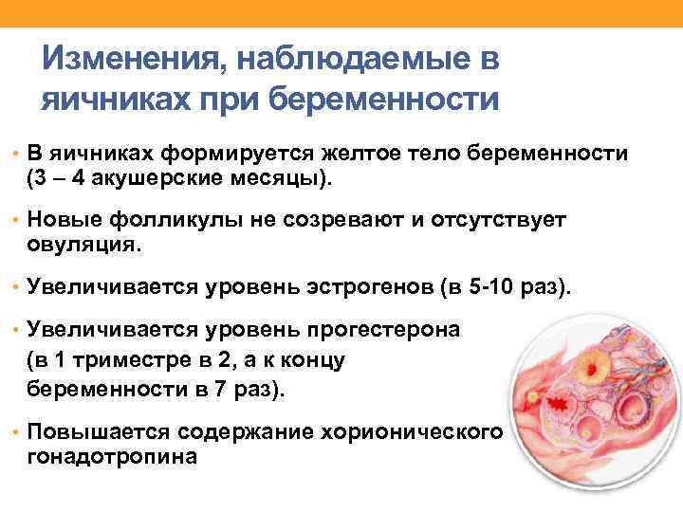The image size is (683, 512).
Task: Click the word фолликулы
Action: click(x=168, y=220)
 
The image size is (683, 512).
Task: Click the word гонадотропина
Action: click(x=113, y=456)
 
